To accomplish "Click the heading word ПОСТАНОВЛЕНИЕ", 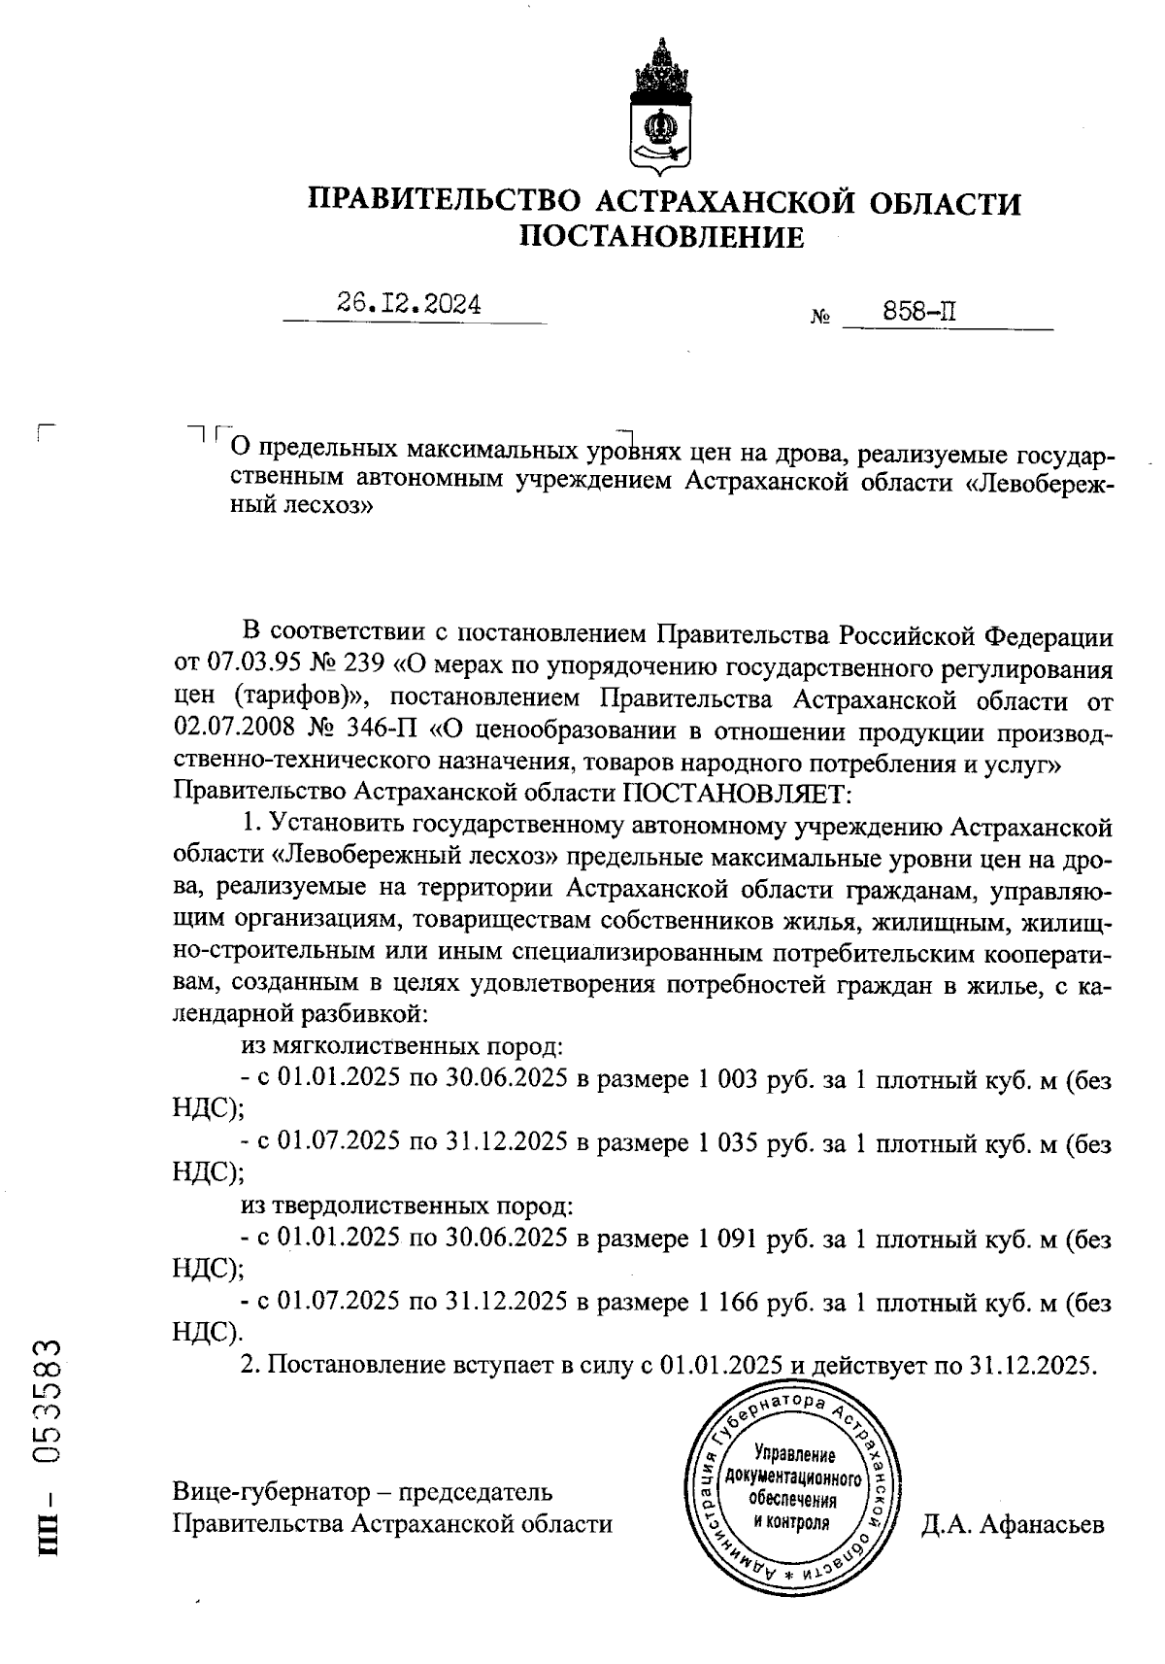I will [663, 236].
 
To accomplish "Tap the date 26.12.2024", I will [409, 304].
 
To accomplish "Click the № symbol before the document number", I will [818, 319].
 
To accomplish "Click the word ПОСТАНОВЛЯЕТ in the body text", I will [736, 793].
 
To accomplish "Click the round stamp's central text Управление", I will [794, 1456].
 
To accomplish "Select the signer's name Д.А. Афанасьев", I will [1013, 1524].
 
